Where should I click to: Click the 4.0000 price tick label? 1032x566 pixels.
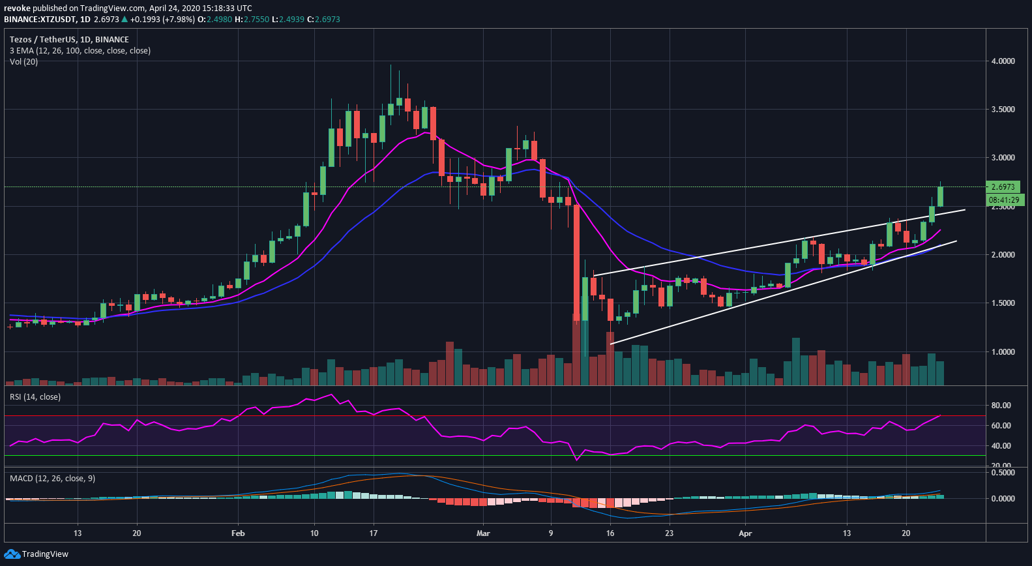(x=1003, y=61)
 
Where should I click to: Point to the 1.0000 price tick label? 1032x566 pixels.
(x=1003, y=352)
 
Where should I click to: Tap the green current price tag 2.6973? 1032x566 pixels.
(x=1003, y=187)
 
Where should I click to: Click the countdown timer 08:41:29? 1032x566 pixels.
(x=1004, y=200)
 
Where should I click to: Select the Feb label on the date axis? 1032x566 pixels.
(x=238, y=533)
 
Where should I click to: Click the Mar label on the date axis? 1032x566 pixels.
(x=483, y=533)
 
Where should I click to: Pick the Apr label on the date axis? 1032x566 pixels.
(x=745, y=533)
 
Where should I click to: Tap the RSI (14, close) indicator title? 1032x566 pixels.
(x=35, y=397)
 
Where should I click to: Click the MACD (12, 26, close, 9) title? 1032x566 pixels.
(x=52, y=479)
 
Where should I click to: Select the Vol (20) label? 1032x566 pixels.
(x=23, y=62)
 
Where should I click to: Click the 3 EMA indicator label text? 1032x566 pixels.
(x=80, y=51)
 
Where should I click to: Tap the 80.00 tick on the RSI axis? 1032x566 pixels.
(x=1001, y=406)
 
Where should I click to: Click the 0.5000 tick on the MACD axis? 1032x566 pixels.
(x=1003, y=473)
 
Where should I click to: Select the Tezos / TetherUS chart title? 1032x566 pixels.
(x=69, y=40)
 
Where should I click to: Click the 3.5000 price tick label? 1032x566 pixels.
(x=1003, y=110)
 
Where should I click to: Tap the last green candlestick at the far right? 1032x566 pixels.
(x=940, y=196)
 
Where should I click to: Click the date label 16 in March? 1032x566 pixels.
(x=610, y=533)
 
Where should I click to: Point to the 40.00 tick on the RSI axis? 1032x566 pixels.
(x=1001, y=446)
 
